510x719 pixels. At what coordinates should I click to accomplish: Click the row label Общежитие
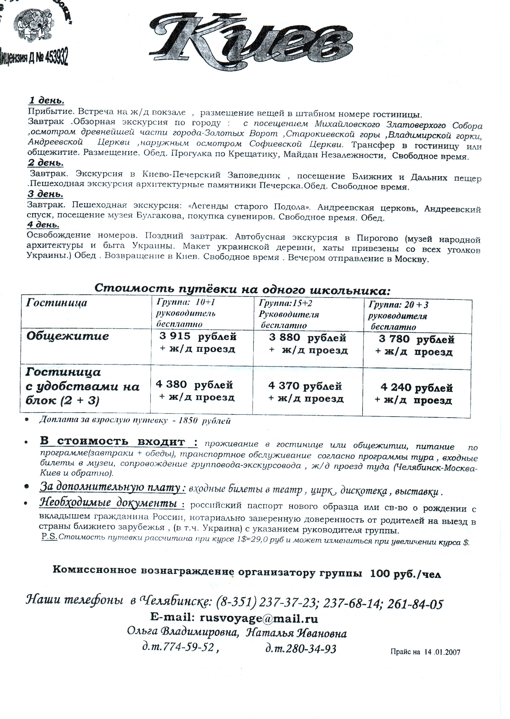[x=67, y=336]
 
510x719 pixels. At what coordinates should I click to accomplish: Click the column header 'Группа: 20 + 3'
[x=398, y=305]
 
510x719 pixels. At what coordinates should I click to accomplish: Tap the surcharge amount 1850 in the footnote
[x=188, y=421]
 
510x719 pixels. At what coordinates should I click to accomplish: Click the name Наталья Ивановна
[x=296, y=633]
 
